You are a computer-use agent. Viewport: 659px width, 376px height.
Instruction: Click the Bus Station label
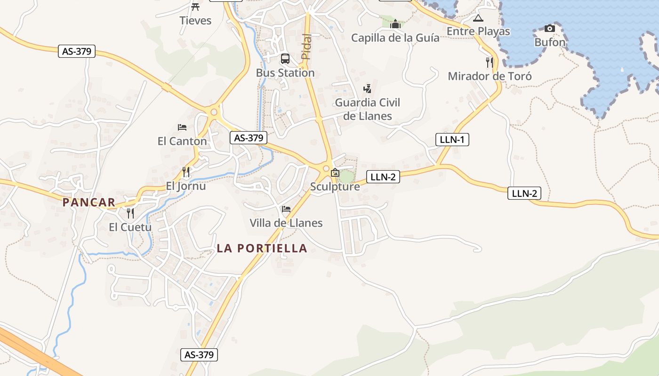285,73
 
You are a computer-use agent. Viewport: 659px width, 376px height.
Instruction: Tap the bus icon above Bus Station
285,59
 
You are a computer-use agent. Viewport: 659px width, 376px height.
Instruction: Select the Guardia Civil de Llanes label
368,109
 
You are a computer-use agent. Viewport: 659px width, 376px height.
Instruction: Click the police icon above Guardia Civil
367,88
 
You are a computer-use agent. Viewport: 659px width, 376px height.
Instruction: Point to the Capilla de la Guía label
395,38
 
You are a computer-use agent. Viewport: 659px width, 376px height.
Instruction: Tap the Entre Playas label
478,31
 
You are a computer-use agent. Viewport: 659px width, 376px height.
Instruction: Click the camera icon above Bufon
549,29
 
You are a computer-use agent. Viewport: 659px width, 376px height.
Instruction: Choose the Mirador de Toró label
490,76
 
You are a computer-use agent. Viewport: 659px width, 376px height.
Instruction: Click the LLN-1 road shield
452,139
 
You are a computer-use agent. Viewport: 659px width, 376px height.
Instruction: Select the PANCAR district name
89,203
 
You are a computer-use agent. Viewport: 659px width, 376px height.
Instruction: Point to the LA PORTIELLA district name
262,248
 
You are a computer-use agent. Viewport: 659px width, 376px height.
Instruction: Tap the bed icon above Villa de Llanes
286,209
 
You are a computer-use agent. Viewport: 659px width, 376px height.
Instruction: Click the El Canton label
182,141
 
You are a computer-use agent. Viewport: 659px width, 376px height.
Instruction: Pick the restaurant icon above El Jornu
186,172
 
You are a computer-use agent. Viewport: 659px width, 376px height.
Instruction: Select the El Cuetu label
130,227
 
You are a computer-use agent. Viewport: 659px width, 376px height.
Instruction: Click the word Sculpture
335,187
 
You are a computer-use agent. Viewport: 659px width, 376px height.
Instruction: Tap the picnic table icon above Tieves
195,7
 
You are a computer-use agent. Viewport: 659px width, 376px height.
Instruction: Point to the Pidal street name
306,47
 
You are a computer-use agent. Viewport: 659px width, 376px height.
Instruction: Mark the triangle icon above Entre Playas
478,18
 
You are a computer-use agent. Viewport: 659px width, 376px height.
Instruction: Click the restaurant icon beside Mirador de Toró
490,62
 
